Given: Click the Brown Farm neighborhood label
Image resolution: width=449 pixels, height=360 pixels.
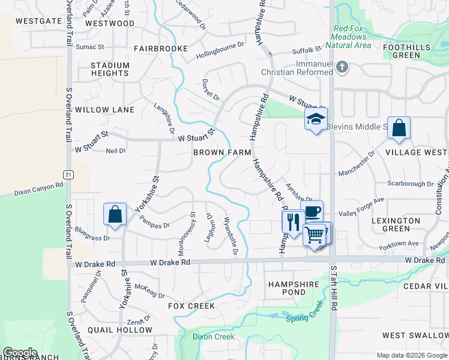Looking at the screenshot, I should coord(222,152).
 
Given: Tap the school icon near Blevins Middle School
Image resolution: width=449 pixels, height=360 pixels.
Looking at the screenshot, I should coord(316,120).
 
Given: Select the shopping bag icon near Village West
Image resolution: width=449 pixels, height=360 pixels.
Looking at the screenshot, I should coord(399,128).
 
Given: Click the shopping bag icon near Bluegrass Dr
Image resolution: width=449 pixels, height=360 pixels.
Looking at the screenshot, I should coord(115,216).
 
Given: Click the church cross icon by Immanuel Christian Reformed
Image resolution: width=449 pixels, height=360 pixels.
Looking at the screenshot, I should coord(342,67).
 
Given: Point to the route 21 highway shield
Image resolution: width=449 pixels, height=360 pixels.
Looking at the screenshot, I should coord(69,174).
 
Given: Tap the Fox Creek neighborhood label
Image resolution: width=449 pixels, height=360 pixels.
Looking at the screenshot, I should coord(191,306).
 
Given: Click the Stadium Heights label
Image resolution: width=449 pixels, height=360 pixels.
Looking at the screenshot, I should coord(110,69).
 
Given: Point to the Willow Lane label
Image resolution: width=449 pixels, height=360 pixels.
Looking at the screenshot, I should coord(105,110).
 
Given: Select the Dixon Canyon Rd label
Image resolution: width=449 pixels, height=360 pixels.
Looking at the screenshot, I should coord(39,187).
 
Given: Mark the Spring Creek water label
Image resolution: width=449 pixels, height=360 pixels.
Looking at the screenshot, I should coord(304,313).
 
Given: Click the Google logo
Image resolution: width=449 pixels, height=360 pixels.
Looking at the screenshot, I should coord(20,353).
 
